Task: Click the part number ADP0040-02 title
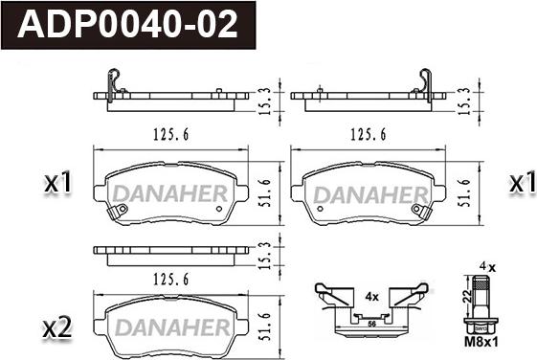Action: tap(127, 25)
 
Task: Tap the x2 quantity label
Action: tap(57, 327)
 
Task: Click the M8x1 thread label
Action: tap(481, 342)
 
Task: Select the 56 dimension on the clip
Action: tap(371, 324)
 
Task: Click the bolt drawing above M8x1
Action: tap(481, 304)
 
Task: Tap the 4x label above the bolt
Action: tap(487, 267)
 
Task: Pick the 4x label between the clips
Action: tap(371, 296)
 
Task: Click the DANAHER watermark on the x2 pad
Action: tap(173, 327)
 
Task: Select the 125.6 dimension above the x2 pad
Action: tap(171, 280)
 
